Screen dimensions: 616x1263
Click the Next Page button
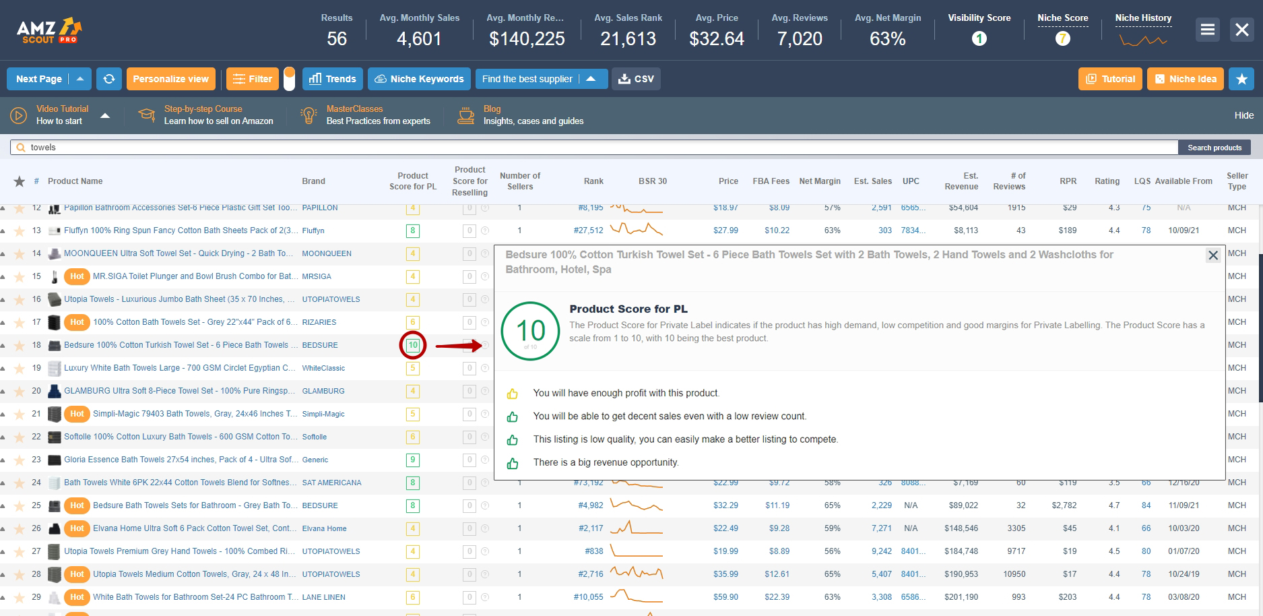point(38,79)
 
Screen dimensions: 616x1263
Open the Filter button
point(253,79)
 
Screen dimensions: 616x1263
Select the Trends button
point(333,79)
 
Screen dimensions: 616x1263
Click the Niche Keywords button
point(419,79)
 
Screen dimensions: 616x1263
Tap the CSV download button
point(636,79)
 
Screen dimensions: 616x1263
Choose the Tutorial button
point(1111,79)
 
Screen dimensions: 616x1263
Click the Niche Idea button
point(1186,79)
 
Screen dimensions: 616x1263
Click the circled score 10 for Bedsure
point(413,345)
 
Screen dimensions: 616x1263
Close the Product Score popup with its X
point(1213,255)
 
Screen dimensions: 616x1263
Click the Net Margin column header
point(820,181)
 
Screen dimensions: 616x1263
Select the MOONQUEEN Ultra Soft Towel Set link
point(179,253)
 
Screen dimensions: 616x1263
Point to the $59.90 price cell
point(725,597)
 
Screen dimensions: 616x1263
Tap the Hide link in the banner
point(1243,115)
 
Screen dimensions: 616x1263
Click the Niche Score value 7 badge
point(1062,39)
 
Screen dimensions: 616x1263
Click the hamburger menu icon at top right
point(1208,30)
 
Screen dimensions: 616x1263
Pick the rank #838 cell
point(594,551)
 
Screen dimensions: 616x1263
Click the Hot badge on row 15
point(77,276)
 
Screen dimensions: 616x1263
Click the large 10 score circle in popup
point(531,331)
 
